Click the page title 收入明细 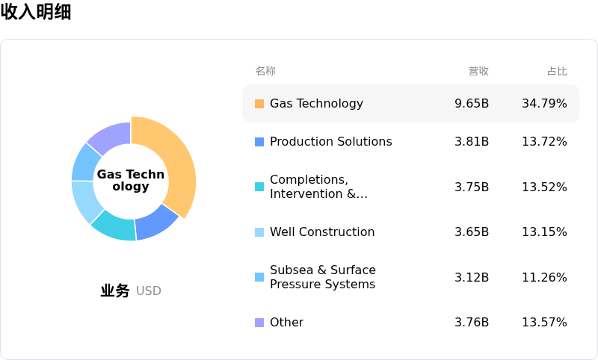[x=36, y=12]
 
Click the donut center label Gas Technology [x=131, y=180]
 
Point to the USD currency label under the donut [x=148, y=291]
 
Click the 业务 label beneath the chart [x=115, y=291]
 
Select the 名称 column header [x=265, y=71]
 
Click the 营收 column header [x=478, y=71]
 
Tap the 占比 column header [x=557, y=71]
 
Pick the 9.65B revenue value [x=472, y=104]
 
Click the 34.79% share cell [x=544, y=104]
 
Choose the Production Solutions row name [x=330, y=142]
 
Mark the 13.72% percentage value [x=544, y=142]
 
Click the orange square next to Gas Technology [x=259, y=104]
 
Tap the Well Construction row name [x=322, y=232]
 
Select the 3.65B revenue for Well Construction [x=472, y=232]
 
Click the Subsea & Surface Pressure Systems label [x=323, y=277]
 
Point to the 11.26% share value [x=544, y=278]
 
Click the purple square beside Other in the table [x=259, y=323]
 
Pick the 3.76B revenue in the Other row [x=472, y=323]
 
